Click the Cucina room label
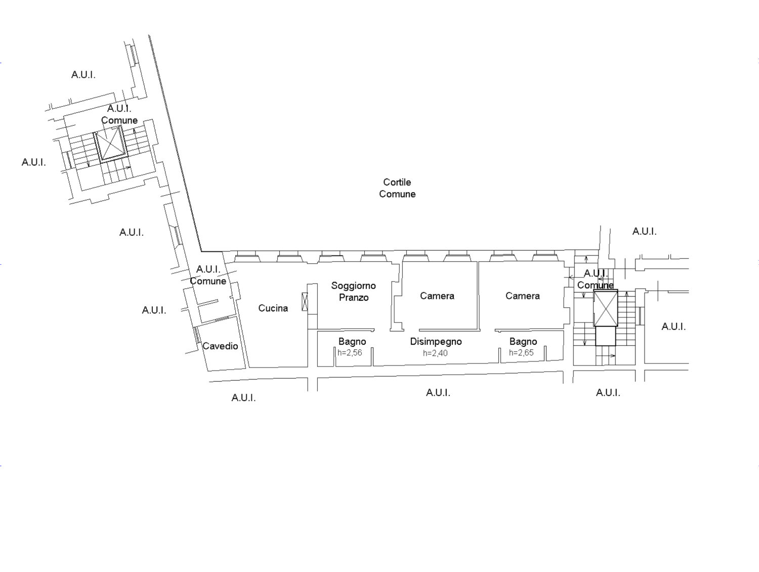pos(273,308)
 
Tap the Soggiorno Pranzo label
pos(354,292)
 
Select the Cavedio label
pos(220,346)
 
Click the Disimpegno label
pos(436,342)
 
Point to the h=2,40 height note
pos(435,353)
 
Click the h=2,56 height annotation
pos(350,353)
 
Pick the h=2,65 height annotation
pos(521,353)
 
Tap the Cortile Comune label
pos(397,188)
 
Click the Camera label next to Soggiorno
pos(437,296)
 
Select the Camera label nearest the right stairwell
pos(523,296)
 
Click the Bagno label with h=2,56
pos(352,342)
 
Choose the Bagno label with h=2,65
pos(523,342)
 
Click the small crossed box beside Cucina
pos(305,302)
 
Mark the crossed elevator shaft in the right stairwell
pos(606,309)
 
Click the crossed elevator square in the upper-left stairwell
pos(110,143)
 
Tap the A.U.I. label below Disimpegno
pos(438,393)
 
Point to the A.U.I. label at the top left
pos(83,75)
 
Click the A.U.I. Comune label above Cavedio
pos(208,275)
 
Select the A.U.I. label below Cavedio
pos(243,398)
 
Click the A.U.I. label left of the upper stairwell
pos(34,162)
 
